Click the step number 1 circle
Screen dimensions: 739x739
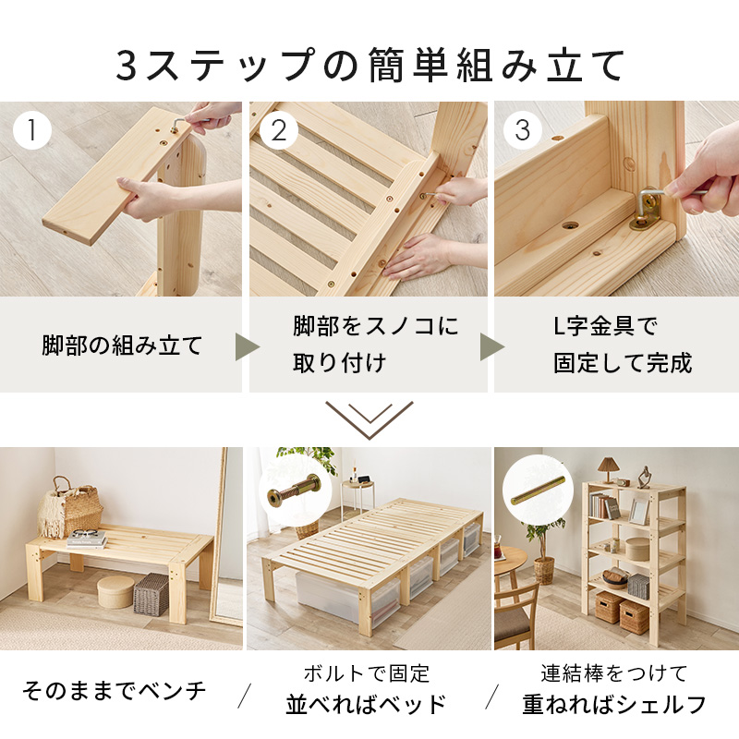pyautogui.click(x=33, y=130)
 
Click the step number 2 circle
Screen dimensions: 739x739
pyautogui.click(x=278, y=130)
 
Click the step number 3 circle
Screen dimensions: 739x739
pyautogui.click(x=523, y=130)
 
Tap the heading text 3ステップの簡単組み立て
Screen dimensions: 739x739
pyautogui.click(x=369, y=65)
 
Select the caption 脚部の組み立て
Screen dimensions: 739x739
pyautogui.click(x=122, y=345)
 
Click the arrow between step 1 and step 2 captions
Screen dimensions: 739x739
pyautogui.click(x=247, y=346)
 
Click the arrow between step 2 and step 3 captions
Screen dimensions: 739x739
pyautogui.click(x=491, y=346)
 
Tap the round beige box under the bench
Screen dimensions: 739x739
pyautogui.click(x=115, y=591)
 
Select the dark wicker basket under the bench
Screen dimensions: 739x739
pyautogui.click(x=152, y=593)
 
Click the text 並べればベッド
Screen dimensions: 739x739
pyautogui.click(x=366, y=706)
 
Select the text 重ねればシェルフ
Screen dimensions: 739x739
pyautogui.click(x=614, y=706)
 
